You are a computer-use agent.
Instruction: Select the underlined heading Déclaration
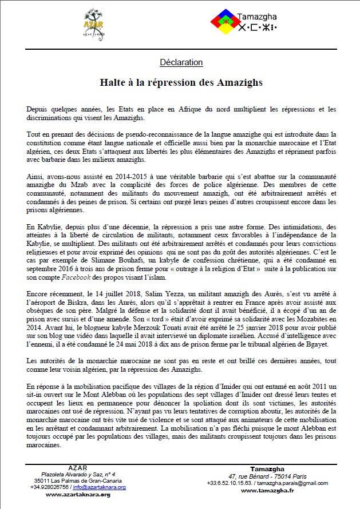pyautogui.click(x=181, y=62)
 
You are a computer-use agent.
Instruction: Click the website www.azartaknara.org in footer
pyautogui.click(x=78, y=494)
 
